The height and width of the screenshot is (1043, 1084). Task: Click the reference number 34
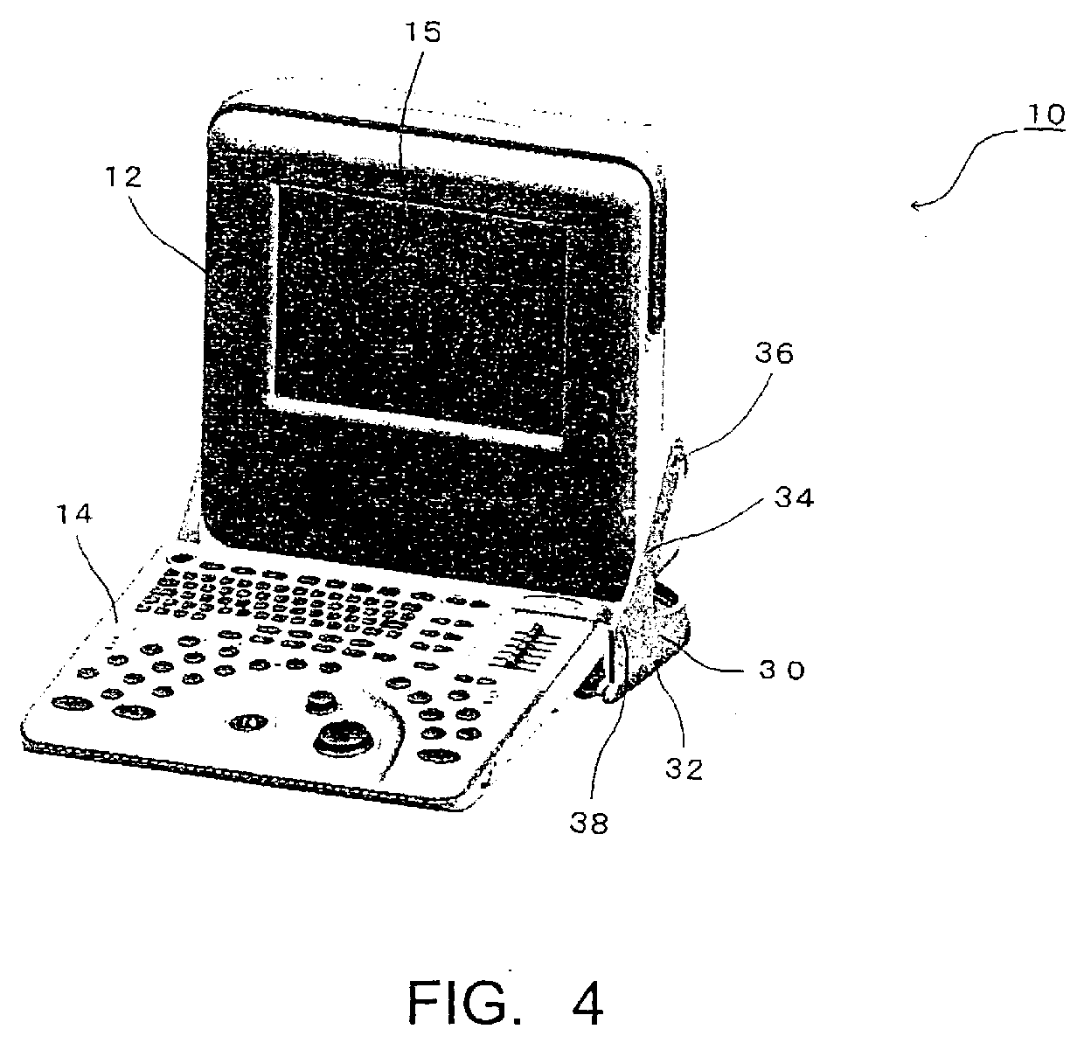(x=794, y=498)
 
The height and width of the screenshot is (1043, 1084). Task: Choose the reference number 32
(x=684, y=770)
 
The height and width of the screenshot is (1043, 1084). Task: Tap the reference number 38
(x=588, y=823)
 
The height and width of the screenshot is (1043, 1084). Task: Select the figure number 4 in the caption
(x=586, y=1004)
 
